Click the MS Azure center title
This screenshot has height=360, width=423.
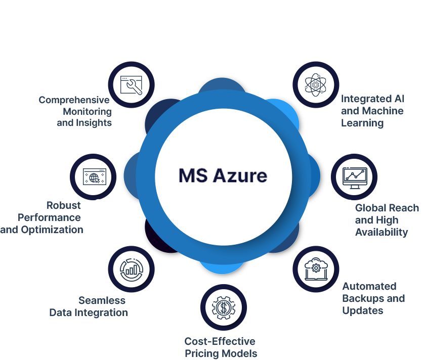click(223, 175)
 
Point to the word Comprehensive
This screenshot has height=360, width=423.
click(74, 100)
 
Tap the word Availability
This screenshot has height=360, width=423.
click(382, 232)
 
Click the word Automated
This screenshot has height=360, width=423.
click(369, 286)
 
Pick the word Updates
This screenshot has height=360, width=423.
click(363, 310)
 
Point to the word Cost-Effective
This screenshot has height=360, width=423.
click(220, 341)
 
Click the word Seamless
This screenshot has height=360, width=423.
click(102, 300)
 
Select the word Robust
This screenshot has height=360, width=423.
click(64, 205)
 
